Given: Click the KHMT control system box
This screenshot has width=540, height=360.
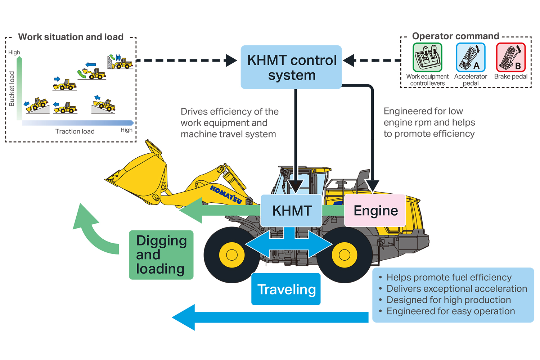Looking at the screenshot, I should pyautogui.click(x=291, y=67).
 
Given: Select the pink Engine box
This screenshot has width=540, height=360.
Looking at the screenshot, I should pyautogui.click(x=375, y=211).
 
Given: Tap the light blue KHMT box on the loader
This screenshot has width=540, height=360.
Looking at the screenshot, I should pyautogui.click(x=291, y=211).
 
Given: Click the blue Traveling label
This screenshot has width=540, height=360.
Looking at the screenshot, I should pyautogui.click(x=286, y=289).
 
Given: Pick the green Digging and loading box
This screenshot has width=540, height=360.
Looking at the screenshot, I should pyautogui.click(x=161, y=255).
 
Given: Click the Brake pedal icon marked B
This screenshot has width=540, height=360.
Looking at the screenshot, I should pyautogui.click(x=511, y=58).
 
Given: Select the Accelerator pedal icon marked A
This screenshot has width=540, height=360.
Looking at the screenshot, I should pyautogui.click(x=471, y=58).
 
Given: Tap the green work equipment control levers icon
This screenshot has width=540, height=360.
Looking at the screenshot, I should pyautogui.click(x=427, y=58).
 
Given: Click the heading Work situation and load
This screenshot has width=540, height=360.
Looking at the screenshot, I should pyautogui.click(x=71, y=37).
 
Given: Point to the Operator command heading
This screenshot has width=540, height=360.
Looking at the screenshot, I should pyautogui.click(x=455, y=36).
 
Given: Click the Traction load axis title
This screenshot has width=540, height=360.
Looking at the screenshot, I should pyautogui.click(x=75, y=131).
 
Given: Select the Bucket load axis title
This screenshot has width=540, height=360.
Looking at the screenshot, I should pyautogui.click(x=12, y=89).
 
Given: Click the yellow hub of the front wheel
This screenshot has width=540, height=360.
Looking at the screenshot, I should pyautogui.click(x=232, y=255).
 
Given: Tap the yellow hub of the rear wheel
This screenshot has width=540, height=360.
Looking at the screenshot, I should pyautogui.click(x=345, y=255).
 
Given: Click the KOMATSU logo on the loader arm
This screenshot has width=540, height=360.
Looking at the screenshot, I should pyautogui.click(x=226, y=194).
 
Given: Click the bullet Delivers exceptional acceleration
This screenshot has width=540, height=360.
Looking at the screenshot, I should pyautogui.click(x=456, y=289).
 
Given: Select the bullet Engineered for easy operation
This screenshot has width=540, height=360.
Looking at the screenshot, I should pyautogui.click(x=450, y=311).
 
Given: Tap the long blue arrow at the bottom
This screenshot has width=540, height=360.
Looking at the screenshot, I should pyautogui.click(x=270, y=318).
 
